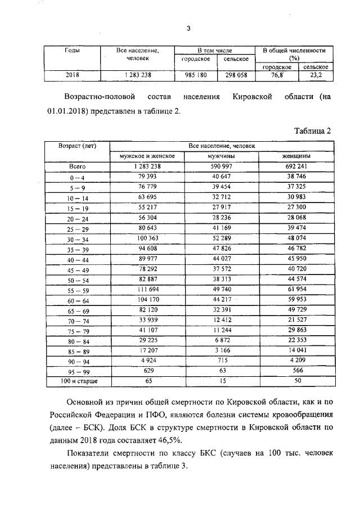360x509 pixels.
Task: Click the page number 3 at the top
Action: click(x=189, y=29)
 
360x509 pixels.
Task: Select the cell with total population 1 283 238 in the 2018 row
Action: click(x=137, y=74)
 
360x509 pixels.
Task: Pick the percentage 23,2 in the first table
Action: click(x=316, y=74)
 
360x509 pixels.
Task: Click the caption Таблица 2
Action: click(x=313, y=130)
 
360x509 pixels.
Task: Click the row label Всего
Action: click(x=77, y=166)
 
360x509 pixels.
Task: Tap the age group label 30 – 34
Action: click(x=77, y=238)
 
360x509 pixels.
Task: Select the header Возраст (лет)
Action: click(x=77, y=146)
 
